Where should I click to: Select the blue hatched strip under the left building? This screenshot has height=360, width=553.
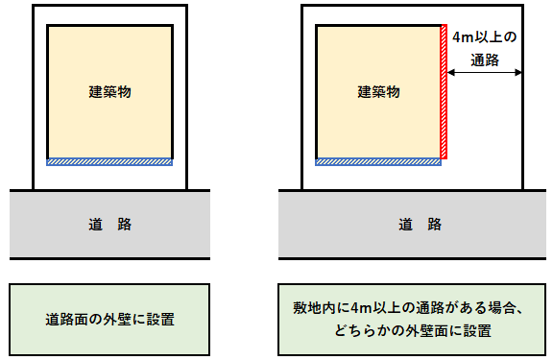click(x=110, y=160)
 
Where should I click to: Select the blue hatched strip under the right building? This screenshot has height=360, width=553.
click(x=379, y=161)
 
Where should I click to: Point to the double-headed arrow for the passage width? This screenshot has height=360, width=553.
click(x=485, y=72)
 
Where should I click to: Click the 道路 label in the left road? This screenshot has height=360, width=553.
click(x=109, y=224)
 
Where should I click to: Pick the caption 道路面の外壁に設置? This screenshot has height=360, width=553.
click(x=109, y=318)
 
